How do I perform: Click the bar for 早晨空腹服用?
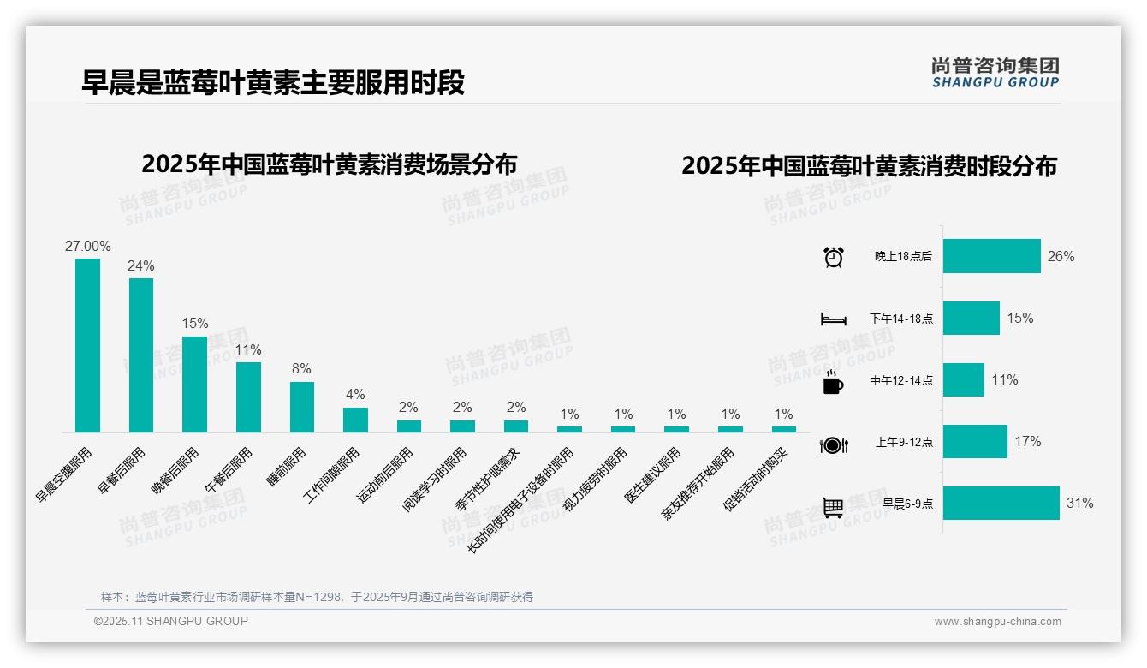click(87, 345)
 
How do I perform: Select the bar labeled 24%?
click(141, 355)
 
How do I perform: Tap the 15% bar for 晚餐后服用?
click(194, 384)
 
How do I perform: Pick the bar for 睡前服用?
click(301, 407)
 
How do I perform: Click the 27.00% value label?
click(87, 246)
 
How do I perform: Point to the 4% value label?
click(355, 394)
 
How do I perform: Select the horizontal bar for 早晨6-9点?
click(1001, 503)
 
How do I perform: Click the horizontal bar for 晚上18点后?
click(991, 256)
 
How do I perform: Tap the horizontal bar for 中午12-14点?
click(963, 379)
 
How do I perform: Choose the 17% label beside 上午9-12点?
click(1027, 441)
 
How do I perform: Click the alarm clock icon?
click(833, 257)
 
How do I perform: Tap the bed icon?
click(833, 319)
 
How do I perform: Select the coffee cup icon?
click(832, 382)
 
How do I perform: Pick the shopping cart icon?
click(833, 506)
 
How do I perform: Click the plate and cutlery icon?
click(833, 444)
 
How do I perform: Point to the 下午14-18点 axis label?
click(901, 319)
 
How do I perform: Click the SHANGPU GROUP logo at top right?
click(995, 73)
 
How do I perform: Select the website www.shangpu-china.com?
click(997, 622)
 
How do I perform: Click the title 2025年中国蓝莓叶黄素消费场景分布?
click(330, 164)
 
